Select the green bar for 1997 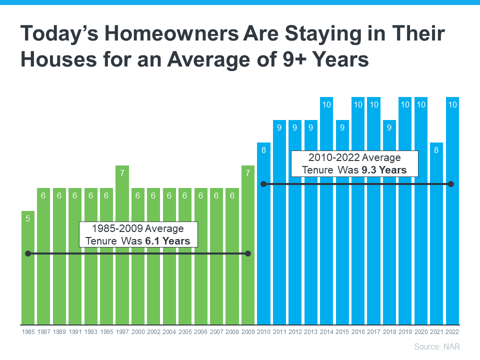pyautogui.click(x=122, y=250)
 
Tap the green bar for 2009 pyautogui.click(x=248, y=280)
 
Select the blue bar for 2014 pyautogui.click(x=326, y=225)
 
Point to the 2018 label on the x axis pyautogui.click(x=389, y=332)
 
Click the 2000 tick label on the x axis pyautogui.click(x=138, y=332)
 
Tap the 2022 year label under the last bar pyautogui.click(x=452, y=332)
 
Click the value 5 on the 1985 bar pyautogui.click(x=28, y=218)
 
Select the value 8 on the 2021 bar pyautogui.click(x=436, y=149)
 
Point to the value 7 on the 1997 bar pyautogui.click(x=122, y=172)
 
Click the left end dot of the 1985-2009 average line pyautogui.click(x=28, y=253)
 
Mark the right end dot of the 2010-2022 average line pyautogui.click(x=451, y=184)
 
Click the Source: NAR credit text pyautogui.click(x=436, y=346)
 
